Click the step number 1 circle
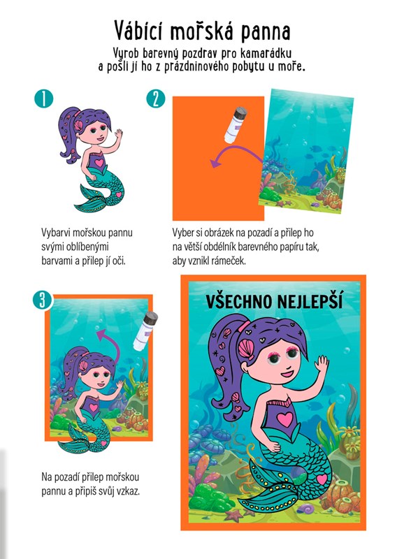(44, 99)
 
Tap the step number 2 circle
(156, 99)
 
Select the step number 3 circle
(43, 300)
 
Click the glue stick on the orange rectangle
(235, 124)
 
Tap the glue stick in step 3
(145, 331)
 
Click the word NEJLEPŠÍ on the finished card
(310, 302)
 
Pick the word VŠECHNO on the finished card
(239, 302)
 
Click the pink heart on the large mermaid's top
(284, 419)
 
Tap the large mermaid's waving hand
(322, 364)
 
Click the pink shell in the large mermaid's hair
(246, 349)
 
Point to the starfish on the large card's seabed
(233, 514)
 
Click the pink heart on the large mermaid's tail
(322, 479)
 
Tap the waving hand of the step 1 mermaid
(118, 134)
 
